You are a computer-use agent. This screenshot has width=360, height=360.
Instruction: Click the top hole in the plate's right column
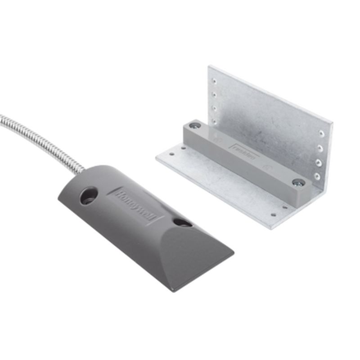pyautogui.click(x=321, y=134)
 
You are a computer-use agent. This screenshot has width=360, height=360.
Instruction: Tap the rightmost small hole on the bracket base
pyautogui.click(x=284, y=208)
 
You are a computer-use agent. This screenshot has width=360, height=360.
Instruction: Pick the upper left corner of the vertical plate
pyautogui.click(x=209, y=67)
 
